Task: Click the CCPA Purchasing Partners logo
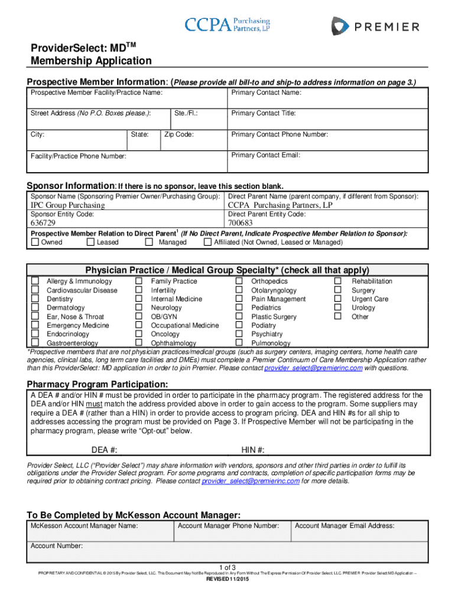[x=227, y=24]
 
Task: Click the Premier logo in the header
[x=375, y=26]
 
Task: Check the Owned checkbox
[x=35, y=242]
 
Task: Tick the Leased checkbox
[x=90, y=242]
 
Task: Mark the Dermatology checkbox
[x=35, y=308]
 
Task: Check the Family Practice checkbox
[x=138, y=281]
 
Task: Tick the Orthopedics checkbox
[x=239, y=281]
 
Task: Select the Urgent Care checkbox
[x=338, y=299]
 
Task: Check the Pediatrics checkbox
[x=239, y=308]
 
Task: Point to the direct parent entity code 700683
[x=240, y=223]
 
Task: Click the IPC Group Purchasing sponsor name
[x=67, y=205]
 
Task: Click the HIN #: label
[x=253, y=449]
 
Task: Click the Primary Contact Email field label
[x=266, y=155]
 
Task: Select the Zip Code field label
[x=179, y=134]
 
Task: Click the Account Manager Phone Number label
[x=228, y=525]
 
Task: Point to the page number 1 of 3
[x=227, y=568]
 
